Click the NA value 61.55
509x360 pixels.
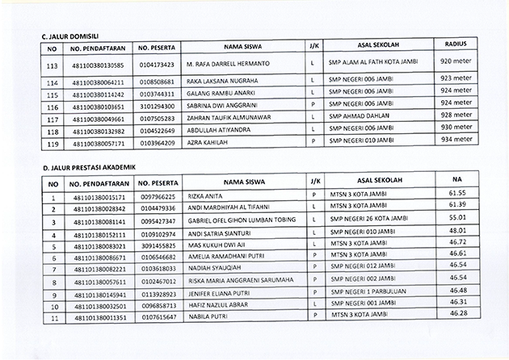458,195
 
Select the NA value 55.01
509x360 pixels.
458,218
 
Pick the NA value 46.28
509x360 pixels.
458,312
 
